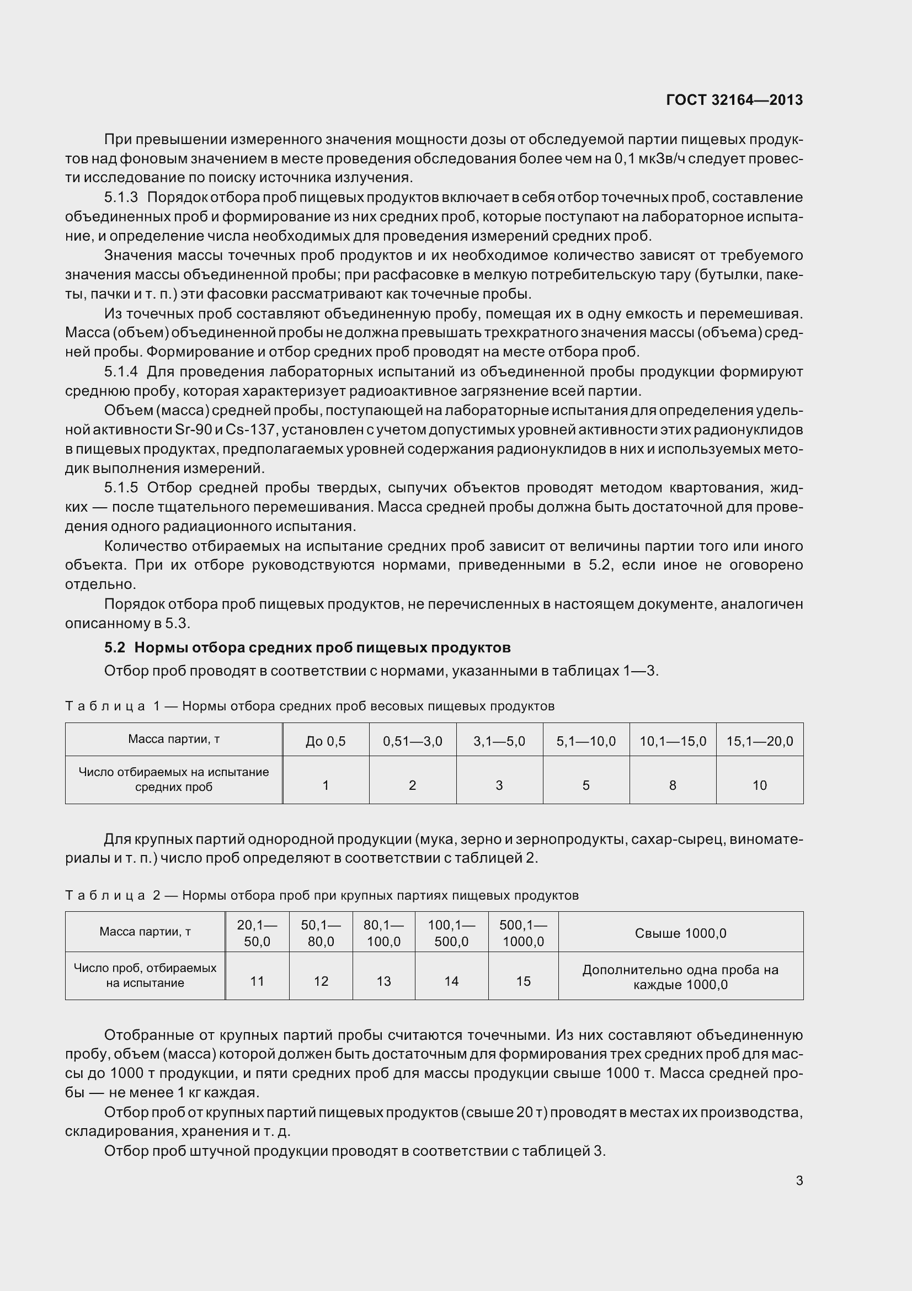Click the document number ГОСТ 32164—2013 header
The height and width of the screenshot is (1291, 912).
734,100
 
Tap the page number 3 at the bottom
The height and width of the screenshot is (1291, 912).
799,1181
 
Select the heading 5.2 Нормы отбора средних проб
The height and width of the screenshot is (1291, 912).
307,648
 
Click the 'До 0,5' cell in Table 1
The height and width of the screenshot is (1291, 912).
326,741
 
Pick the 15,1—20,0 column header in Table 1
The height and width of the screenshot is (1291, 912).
759,741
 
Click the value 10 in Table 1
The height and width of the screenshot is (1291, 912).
759,785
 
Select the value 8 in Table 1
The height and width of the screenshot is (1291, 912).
672,785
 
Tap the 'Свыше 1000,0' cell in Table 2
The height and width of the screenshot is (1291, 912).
680,933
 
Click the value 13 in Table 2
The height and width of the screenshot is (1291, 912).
383,981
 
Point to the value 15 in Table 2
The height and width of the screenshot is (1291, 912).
522,981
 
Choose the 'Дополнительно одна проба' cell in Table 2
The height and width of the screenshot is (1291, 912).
680,977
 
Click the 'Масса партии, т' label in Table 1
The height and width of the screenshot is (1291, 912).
173,739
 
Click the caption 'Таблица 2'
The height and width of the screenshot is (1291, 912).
113,895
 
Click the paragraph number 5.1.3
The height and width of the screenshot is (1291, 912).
121,198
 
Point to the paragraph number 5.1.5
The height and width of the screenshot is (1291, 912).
121,487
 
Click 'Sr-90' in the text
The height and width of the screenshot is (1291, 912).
193,429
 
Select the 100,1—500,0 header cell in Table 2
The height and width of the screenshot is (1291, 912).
451,933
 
